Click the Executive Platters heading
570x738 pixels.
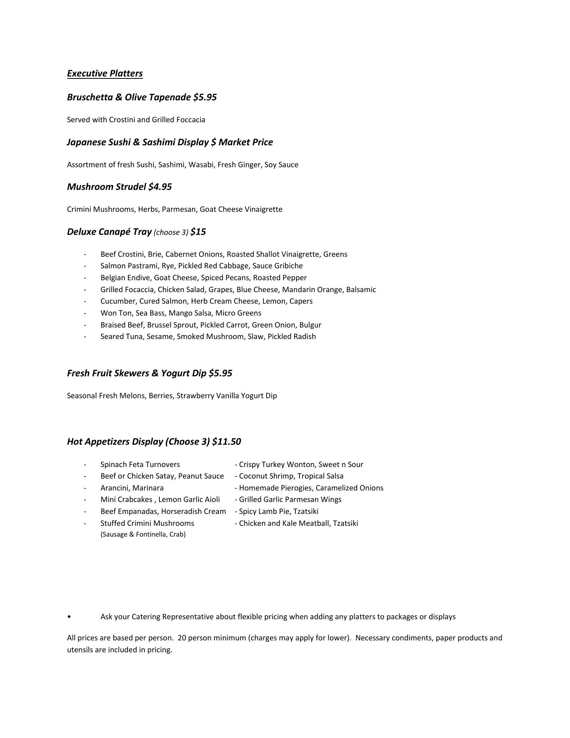(105, 73)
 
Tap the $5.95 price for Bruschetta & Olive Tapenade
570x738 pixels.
(205, 97)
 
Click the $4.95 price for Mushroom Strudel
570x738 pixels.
(160, 187)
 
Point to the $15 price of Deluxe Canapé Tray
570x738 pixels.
(198, 232)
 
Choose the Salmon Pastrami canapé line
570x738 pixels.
(201, 266)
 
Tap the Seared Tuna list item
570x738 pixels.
(208, 337)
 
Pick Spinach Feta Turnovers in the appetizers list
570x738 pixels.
(140, 465)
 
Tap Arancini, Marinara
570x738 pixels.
(132, 488)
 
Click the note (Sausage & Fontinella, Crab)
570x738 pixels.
(143, 535)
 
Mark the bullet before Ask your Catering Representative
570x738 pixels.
(69, 617)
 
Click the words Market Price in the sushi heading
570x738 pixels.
(246, 142)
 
